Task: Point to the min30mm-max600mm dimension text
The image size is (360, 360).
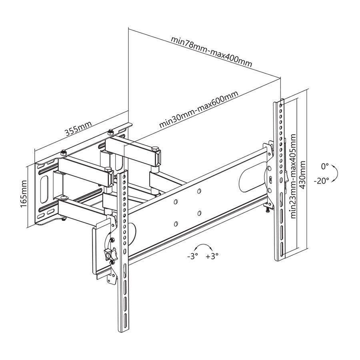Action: click(198, 109)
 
